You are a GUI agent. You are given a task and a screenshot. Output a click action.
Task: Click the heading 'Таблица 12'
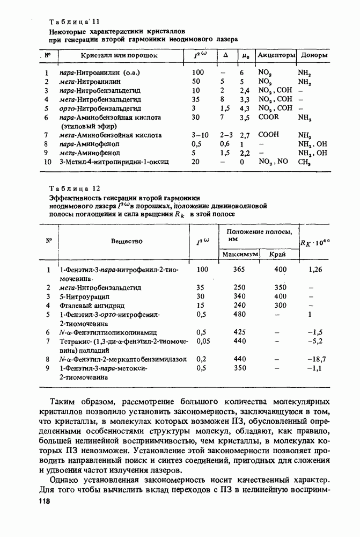click(x=75, y=188)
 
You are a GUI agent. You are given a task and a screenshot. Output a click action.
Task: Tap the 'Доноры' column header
click(x=314, y=55)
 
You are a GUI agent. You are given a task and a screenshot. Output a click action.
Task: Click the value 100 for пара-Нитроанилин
click(x=197, y=72)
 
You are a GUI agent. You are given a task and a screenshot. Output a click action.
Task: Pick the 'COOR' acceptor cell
click(x=268, y=117)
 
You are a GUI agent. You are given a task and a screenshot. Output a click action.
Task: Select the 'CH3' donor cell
click(x=305, y=162)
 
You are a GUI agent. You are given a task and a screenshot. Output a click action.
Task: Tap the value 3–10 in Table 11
click(x=200, y=135)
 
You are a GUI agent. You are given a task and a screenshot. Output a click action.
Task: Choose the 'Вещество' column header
click(x=127, y=242)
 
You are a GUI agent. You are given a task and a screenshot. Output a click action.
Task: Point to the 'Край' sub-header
click(x=277, y=253)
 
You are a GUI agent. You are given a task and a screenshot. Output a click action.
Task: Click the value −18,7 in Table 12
click(x=317, y=359)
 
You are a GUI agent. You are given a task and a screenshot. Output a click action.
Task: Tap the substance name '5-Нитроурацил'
click(x=85, y=296)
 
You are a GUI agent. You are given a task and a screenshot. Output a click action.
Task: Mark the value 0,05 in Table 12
click(x=203, y=341)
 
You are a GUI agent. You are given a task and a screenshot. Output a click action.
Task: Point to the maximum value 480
click(x=239, y=314)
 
